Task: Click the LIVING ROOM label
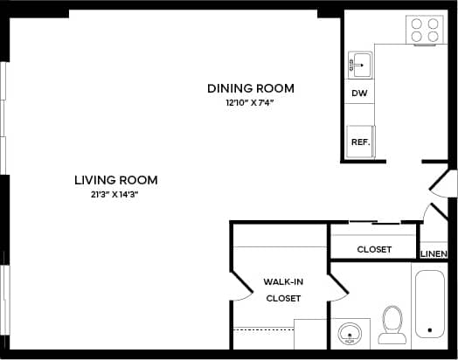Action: point(115,180)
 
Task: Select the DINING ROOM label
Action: point(250,88)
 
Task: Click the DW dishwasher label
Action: point(358,93)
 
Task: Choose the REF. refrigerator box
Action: point(359,142)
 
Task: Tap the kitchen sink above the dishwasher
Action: point(360,65)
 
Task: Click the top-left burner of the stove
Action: point(417,24)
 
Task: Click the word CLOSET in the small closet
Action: point(374,250)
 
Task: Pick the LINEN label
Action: point(434,254)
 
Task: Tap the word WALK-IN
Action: point(282,282)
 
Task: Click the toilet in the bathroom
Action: point(392,325)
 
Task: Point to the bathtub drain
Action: point(428,332)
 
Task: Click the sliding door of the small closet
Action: point(374,224)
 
